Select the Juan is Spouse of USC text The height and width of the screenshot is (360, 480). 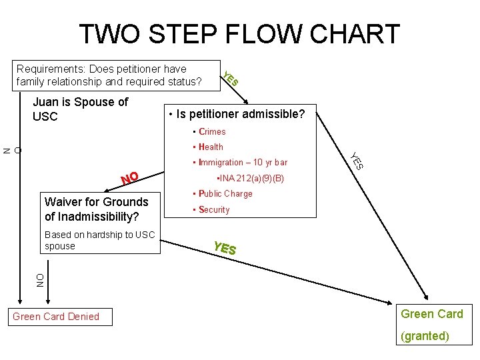pos(80,109)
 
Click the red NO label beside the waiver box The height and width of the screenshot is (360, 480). pos(129,178)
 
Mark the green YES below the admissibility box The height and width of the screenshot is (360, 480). pos(225,248)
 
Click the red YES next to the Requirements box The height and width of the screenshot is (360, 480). pos(230,79)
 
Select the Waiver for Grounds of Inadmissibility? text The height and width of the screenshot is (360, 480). pos(96,209)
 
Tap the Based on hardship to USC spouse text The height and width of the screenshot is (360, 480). pos(99,240)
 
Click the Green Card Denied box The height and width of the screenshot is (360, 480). pos(56,317)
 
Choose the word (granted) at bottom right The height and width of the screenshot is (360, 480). pos(425,336)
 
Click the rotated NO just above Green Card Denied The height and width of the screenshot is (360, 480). pos(40,280)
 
